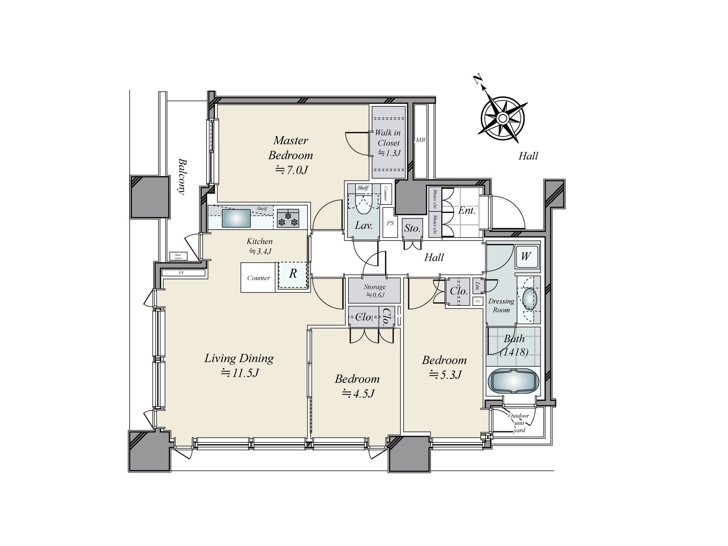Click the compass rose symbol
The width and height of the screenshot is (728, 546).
(x=502, y=118)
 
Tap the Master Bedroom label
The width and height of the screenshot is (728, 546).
(x=291, y=148)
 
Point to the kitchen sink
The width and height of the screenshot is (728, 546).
(x=236, y=218)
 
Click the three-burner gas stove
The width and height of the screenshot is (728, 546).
(x=288, y=218)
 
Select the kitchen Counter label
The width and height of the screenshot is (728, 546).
(x=258, y=278)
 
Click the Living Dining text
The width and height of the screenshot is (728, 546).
(x=239, y=359)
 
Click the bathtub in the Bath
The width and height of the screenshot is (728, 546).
(x=513, y=381)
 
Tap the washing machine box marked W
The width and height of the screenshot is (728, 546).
(x=526, y=257)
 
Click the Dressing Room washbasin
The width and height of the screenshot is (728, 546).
(x=529, y=299)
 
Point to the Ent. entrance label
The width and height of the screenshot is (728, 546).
(x=467, y=211)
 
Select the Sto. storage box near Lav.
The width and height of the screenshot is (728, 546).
(x=412, y=228)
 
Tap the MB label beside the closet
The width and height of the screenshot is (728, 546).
(x=420, y=140)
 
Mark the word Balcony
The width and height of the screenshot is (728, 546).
(x=182, y=177)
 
